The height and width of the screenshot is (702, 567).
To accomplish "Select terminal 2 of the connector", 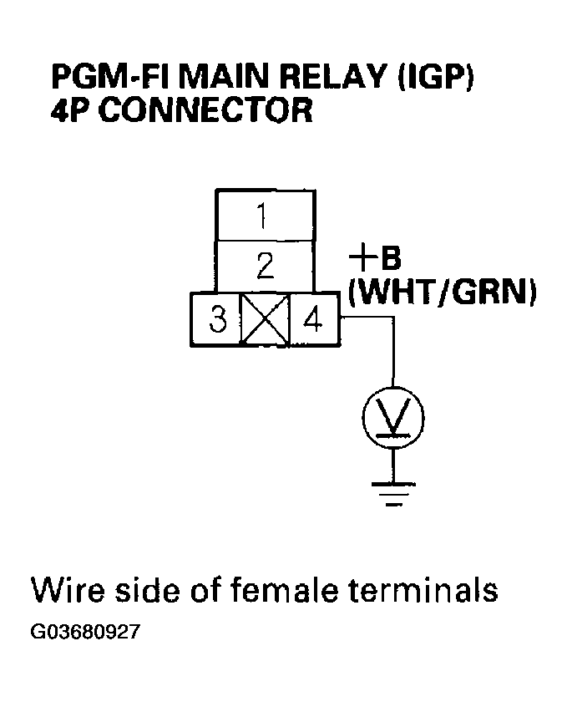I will pyautogui.click(x=266, y=267).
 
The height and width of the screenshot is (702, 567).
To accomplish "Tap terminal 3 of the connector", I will pyautogui.click(x=217, y=318).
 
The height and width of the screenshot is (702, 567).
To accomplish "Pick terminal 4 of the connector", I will pyautogui.click(x=313, y=318).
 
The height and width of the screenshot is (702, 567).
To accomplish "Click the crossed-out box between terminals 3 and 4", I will pyautogui.click(x=265, y=318).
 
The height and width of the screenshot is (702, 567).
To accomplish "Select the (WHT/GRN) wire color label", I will pyautogui.click(x=440, y=292).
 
